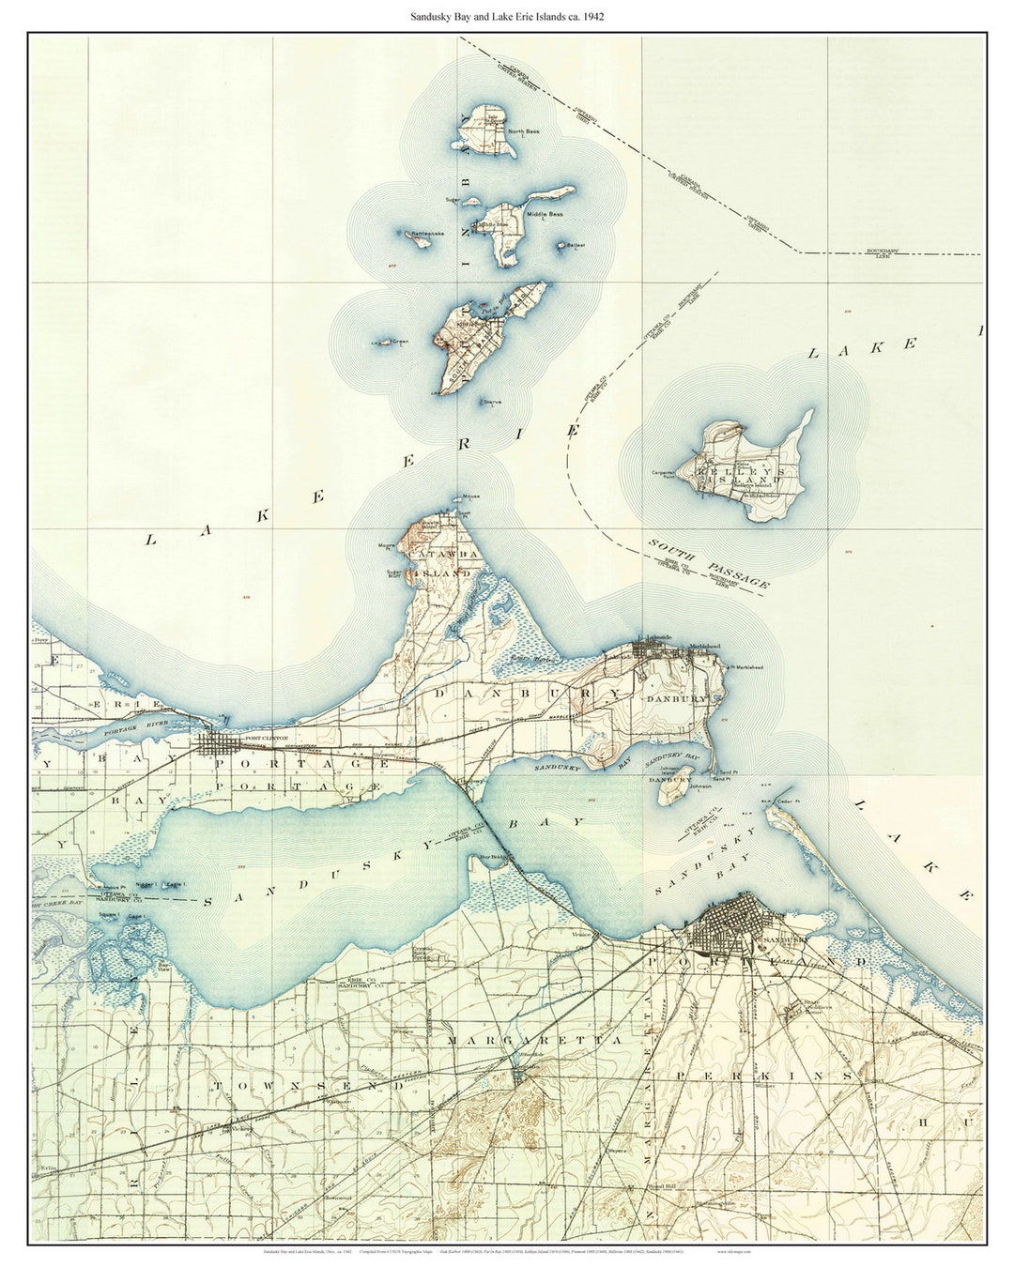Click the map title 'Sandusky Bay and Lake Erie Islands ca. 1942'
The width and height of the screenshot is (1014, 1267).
pos(507,16)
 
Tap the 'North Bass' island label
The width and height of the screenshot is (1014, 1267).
pos(524,131)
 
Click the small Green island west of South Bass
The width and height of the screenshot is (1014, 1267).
pos(383,343)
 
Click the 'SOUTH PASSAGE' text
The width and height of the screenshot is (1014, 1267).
pos(709,564)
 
